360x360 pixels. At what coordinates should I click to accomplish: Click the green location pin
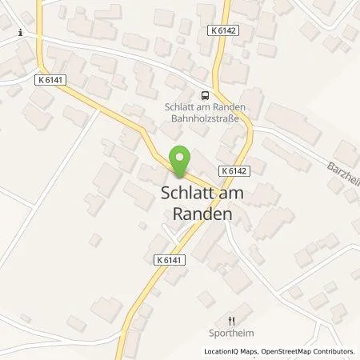point(180,163)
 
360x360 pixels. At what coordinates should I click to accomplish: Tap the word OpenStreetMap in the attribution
point(278,351)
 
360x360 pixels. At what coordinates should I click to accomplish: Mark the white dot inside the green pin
point(180,157)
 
